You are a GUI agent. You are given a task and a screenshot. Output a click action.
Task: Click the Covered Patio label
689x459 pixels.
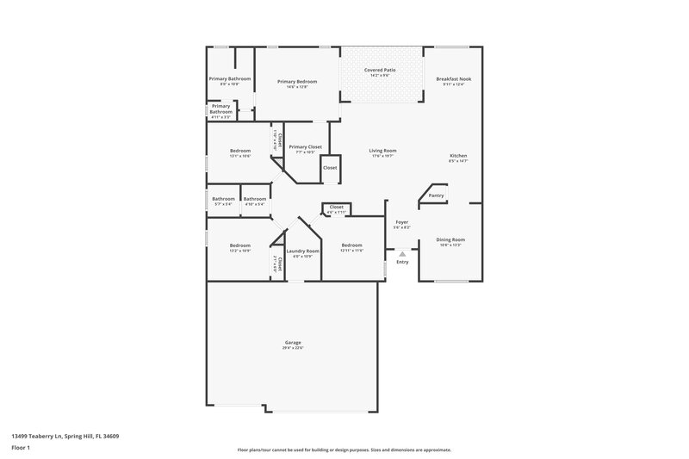tap(380, 69)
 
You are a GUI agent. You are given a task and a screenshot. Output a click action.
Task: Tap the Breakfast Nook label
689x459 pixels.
tap(453, 78)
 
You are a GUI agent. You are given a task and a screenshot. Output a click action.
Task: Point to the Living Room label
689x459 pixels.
tap(382, 150)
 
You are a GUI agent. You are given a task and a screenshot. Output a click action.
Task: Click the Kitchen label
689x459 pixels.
tap(458, 156)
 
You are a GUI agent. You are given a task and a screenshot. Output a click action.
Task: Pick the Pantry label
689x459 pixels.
tap(437, 195)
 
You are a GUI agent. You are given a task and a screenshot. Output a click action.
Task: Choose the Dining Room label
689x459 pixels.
tap(450, 239)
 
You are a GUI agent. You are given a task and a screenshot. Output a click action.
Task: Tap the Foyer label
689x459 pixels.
tap(401, 222)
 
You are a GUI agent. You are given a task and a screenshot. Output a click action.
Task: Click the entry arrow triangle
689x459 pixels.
tap(401, 253)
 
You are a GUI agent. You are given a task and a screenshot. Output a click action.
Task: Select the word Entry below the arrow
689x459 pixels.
tap(401, 262)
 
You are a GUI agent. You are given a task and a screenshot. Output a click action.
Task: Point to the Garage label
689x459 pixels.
tap(293, 342)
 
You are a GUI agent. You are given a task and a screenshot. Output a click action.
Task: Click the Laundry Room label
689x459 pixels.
tap(303, 250)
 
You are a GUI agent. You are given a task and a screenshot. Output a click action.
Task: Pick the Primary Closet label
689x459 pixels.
tap(305, 147)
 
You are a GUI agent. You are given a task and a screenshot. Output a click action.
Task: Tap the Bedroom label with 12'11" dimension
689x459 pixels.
tap(352, 245)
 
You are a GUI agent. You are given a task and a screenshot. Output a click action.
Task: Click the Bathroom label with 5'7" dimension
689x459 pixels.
tap(224, 199)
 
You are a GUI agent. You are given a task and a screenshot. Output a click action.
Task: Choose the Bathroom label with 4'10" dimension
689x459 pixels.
tap(254, 199)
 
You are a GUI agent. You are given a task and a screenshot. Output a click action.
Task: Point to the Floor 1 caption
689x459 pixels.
tap(19, 449)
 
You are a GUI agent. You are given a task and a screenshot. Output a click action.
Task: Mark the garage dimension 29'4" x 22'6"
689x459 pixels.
tap(293, 348)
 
